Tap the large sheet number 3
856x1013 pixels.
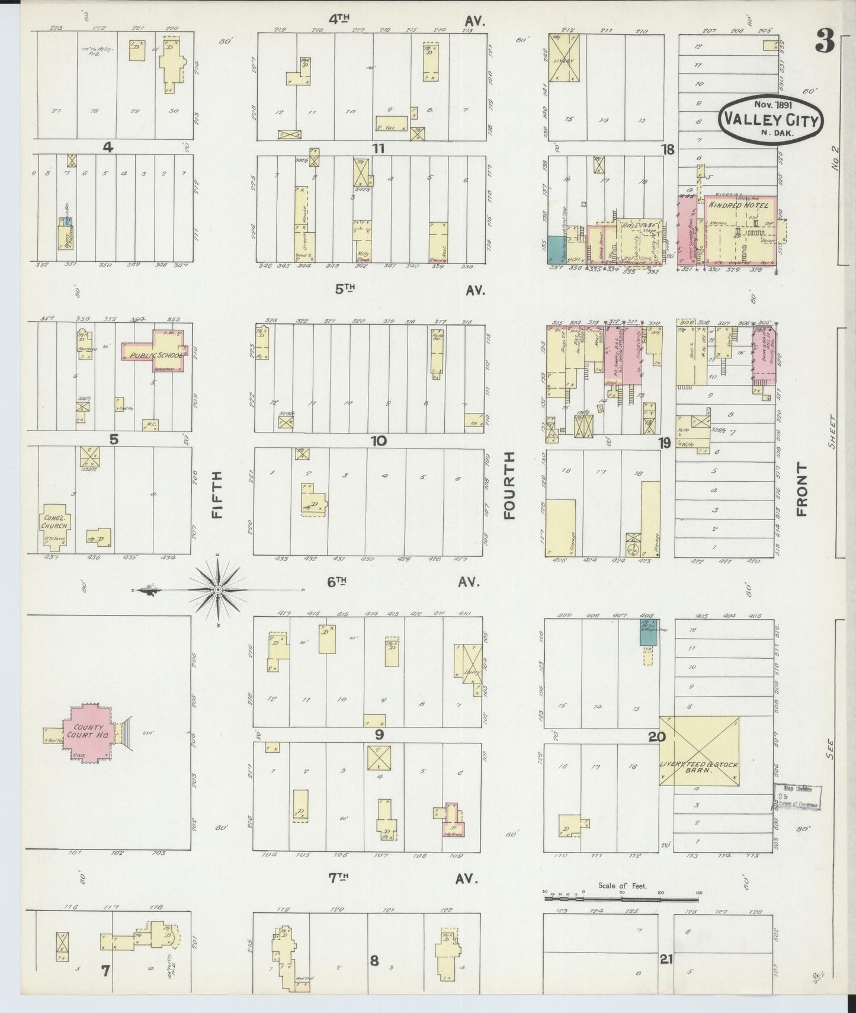click(825, 42)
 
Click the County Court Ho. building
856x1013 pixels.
click(88, 733)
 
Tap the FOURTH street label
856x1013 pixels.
click(509, 486)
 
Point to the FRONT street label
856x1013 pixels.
click(802, 489)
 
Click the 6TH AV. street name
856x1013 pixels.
click(403, 582)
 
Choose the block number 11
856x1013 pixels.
click(378, 148)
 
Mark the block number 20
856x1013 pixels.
click(656, 737)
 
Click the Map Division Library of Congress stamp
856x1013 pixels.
click(797, 797)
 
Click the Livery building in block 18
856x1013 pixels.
click(564, 58)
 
